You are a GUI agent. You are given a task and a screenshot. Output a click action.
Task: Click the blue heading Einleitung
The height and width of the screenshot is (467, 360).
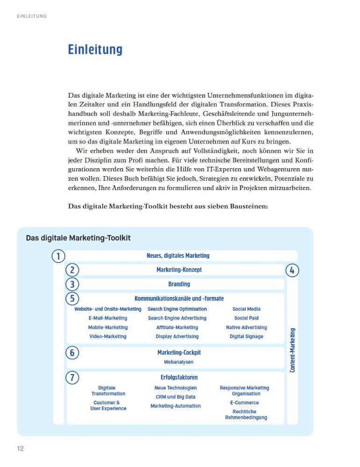click(95, 50)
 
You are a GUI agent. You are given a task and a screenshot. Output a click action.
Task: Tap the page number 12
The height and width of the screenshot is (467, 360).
click(21, 449)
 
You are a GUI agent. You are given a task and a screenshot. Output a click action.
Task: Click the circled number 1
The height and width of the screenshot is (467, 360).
click(58, 256)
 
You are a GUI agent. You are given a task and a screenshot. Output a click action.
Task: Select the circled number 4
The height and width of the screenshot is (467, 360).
click(292, 270)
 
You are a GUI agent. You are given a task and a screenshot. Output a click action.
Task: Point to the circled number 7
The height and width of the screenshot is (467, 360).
click(72, 377)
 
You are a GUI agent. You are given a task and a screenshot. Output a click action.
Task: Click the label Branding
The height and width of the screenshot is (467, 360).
click(179, 284)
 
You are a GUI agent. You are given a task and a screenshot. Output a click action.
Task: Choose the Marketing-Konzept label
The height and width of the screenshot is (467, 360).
click(179, 270)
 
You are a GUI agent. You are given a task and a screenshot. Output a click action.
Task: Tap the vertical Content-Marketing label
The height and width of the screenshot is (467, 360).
click(292, 350)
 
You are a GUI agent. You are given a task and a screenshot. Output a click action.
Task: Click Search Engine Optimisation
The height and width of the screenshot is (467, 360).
click(177, 309)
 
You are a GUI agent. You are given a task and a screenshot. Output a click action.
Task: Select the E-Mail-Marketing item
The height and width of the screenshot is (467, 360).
click(108, 318)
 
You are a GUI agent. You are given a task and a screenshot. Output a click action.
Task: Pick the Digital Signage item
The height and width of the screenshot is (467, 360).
click(246, 336)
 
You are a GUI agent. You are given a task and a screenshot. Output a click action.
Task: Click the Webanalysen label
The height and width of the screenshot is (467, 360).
click(178, 362)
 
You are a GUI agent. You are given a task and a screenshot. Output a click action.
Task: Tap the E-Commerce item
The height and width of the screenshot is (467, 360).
click(244, 403)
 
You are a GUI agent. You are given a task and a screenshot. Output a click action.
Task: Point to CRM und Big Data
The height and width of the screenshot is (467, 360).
click(176, 397)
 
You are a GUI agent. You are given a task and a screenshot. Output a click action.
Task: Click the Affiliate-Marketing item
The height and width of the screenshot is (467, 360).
click(177, 327)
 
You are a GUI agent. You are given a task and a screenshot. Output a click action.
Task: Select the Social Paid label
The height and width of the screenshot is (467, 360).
click(246, 318)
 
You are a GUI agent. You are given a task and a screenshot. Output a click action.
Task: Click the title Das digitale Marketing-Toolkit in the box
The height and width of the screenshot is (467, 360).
click(78, 238)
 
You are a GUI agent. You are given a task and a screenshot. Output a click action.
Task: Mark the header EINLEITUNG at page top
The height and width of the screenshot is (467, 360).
click(32, 16)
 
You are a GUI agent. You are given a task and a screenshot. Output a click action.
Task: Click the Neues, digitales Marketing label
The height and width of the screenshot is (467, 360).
click(178, 256)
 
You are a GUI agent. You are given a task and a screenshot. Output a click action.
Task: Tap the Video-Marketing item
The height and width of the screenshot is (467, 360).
click(108, 336)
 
